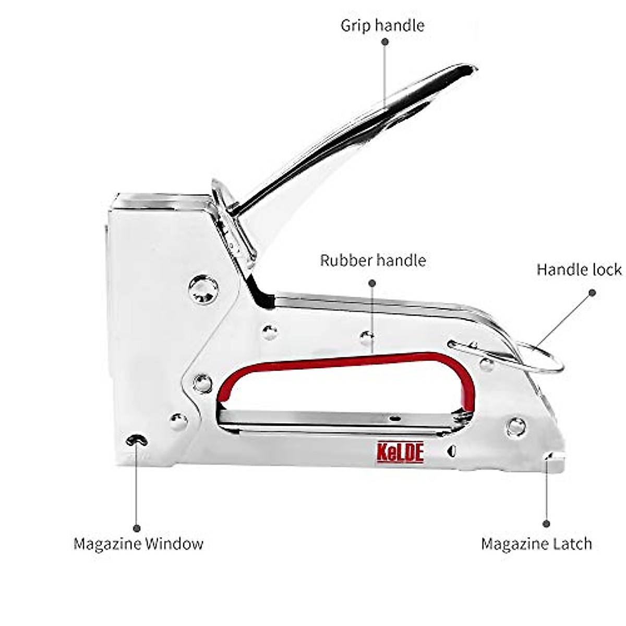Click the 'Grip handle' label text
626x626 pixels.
[382, 25]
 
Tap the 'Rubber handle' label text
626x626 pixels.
[372, 260]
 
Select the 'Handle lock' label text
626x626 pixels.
[579, 269]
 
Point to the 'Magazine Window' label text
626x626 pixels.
[138, 544]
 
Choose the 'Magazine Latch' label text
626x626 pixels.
[536, 544]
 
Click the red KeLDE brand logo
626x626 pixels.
[401, 452]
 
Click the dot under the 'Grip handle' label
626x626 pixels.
[385, 42]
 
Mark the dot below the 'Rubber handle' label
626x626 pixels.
[372, 283]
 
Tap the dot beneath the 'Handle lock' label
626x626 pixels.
[592, 293]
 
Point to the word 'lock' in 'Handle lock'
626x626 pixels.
[607, 269]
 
